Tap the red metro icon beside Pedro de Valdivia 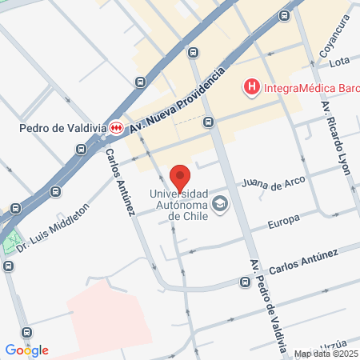(x=117, y=127)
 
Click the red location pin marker (x=180, y=178)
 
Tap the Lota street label (x=339, y=62)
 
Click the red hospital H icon (x=251, y=86)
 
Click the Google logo (x=26, y=350)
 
